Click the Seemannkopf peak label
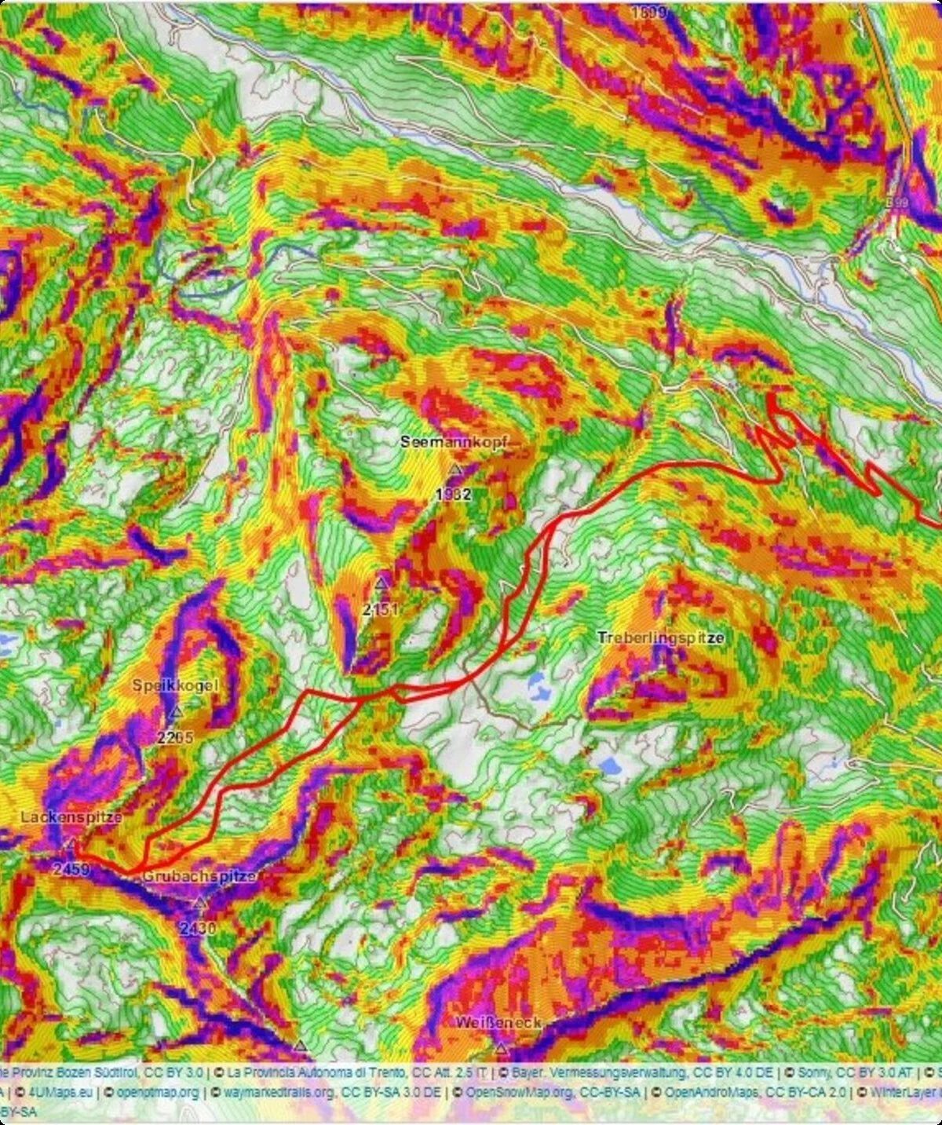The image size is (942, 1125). [455, 442]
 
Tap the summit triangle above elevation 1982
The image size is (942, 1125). [455, 469]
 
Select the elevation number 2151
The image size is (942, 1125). [382, 609]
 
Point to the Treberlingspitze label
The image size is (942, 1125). [660, 637]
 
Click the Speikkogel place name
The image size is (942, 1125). [174, 685]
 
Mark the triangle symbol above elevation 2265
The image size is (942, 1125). [176, 712]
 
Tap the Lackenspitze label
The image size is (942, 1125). [71, 817]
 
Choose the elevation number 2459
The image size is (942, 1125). [72, 870]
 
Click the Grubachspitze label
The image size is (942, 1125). [199, 877]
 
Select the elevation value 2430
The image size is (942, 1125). [198, 929]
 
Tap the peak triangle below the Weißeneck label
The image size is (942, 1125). [501, 1048]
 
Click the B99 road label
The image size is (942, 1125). [896, 203]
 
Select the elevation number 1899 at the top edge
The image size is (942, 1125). [648, 12]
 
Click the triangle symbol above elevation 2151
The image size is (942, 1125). [382, 583]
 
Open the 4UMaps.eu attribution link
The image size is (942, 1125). [55, 1091]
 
